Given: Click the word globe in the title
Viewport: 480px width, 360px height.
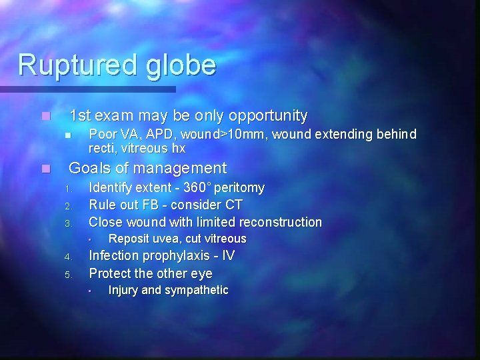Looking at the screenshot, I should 177,65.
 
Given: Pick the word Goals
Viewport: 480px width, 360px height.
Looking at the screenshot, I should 89,168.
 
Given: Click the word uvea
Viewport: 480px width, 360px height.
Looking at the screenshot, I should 165,239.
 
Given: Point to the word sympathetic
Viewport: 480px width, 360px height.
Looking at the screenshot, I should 197,290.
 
